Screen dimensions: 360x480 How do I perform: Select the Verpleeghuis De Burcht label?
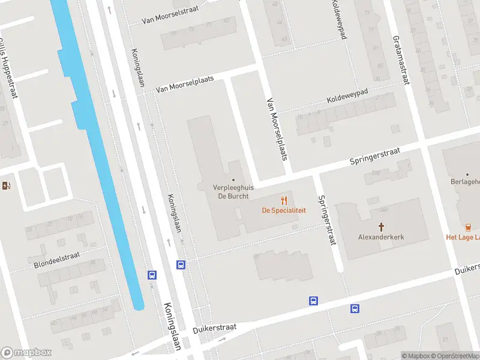point(233,191)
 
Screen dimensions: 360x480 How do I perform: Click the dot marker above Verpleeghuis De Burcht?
point(233,179)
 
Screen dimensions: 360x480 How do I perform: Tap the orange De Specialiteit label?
point(284,210)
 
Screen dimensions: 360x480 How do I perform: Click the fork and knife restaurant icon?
point(284,200)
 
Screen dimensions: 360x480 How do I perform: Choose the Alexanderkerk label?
point(381,237)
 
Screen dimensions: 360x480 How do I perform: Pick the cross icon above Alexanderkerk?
point(381,227)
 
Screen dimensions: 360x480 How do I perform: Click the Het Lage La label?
point(463,237)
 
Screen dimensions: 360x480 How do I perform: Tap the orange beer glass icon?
point(468,227)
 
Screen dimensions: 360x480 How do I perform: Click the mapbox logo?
point(26,353)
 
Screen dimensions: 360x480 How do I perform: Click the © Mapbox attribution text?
point(416,356)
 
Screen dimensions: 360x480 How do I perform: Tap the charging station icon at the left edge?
point(7,185)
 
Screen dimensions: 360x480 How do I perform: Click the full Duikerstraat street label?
point(215,329)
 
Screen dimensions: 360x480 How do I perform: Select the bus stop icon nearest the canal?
point(152,275)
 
